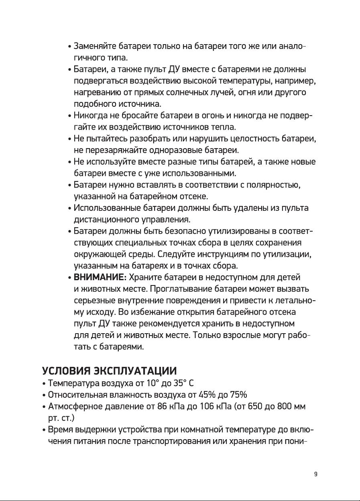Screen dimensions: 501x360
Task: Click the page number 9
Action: (x=316, y=474)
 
